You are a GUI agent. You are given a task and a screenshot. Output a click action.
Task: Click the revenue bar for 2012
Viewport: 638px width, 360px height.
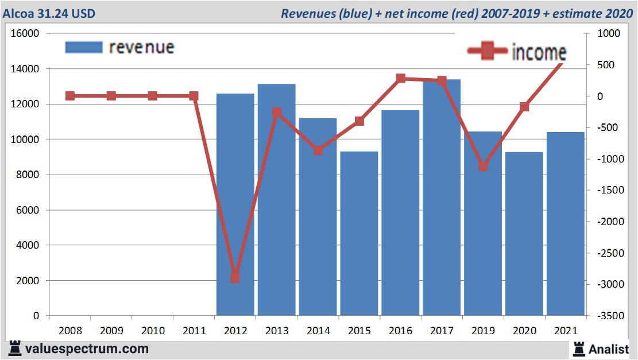[235, 204]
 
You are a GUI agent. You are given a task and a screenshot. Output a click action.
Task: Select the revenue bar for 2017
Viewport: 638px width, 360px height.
[442, 198]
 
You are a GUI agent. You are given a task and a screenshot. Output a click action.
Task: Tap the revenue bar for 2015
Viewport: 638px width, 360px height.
[359, 233]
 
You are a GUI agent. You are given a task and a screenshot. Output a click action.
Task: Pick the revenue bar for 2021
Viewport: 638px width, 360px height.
[565, 224]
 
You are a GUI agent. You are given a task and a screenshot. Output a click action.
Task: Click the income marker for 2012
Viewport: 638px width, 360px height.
[235, 278]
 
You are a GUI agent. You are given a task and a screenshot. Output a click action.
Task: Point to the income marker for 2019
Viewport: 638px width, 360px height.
[483, 167]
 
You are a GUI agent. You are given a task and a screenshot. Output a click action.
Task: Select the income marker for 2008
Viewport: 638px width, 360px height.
[70, 96]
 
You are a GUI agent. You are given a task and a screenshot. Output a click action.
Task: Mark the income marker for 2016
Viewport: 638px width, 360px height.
[401, 79]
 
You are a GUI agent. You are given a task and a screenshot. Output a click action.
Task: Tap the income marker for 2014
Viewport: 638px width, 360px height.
[318, 150]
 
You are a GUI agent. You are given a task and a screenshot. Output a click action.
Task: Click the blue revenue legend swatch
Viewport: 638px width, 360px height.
[84, 47]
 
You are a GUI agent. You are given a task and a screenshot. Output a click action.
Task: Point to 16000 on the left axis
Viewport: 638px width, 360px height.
[25, 33]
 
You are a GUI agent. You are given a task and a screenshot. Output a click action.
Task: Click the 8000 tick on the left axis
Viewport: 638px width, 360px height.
[28, 175]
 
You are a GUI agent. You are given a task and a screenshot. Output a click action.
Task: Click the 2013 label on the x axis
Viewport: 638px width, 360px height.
[277, 331]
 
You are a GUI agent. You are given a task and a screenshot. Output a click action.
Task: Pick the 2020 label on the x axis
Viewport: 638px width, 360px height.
[524, 331]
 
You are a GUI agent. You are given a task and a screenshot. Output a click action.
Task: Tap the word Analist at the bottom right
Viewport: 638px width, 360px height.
[608, 349]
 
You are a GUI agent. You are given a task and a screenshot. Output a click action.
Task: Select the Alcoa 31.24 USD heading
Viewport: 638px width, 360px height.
[49, 13]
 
